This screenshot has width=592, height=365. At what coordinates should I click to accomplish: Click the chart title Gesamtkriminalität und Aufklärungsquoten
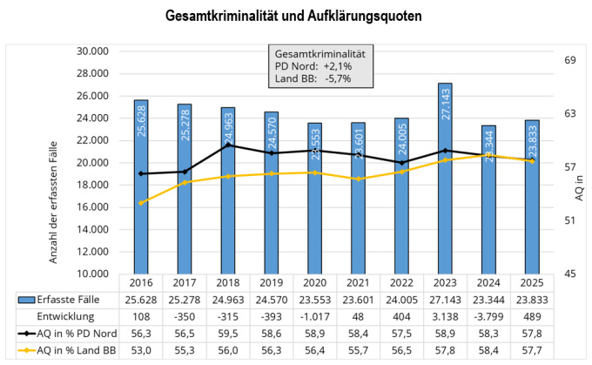(x=296, y=17)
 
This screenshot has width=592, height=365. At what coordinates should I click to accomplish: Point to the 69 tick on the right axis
(x=569, y=60)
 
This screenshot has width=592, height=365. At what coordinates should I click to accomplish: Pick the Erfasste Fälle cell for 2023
(x=446, y=299)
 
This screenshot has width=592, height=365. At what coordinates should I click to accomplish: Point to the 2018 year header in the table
(x=228, y=282)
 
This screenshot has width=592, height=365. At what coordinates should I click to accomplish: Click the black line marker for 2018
(x=228, y=145)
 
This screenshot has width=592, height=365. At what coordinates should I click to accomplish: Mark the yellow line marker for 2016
(x=141, y=203)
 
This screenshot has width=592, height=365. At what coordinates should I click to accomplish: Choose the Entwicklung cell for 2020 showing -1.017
(x=314, y=315)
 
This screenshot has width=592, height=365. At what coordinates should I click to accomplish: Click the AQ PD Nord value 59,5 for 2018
(x=228, y=332)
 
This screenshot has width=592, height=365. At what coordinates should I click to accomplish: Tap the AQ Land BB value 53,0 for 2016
(x=141, y=348)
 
